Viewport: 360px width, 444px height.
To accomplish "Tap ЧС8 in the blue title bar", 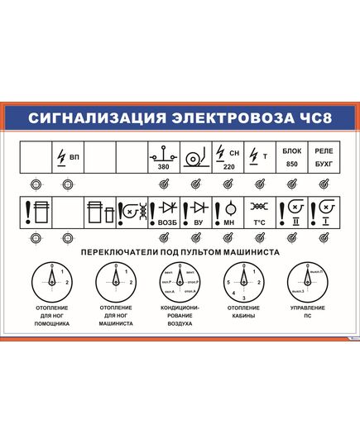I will click(x=314, y=117).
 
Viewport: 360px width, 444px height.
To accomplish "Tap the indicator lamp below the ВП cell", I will click(x=67, y=184).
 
